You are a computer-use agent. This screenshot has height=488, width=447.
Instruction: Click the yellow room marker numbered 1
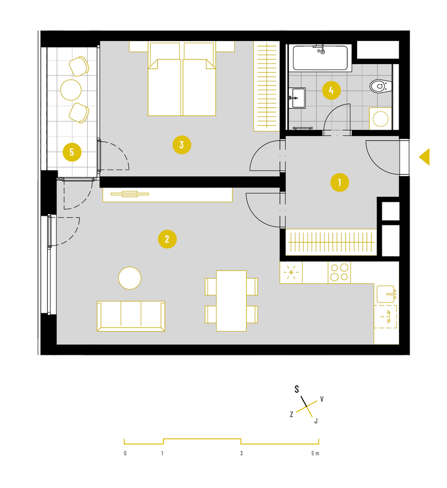[x=339, y=182]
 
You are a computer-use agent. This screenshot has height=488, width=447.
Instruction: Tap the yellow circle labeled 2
[x=167, y=239]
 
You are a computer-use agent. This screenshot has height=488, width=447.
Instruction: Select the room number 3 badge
[x=182, y=145]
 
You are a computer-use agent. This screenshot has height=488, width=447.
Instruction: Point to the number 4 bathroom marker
[x=331, y=91]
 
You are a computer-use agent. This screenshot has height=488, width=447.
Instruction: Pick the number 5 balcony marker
[x=72, y=152]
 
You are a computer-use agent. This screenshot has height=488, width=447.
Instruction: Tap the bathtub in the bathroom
[x=320, y=58]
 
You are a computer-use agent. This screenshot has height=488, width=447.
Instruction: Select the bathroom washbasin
[x=297, y=97]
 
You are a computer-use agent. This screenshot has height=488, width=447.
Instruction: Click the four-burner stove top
[x=339, y=272]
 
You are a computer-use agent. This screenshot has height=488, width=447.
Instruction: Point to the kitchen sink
[x=386, y=294]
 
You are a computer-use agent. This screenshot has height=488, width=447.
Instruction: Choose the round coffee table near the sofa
[x=130, y=278]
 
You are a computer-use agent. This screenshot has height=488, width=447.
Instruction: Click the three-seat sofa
[x=131, y=316]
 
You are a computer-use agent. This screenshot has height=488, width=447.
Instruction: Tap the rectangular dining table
[x=231, y=301]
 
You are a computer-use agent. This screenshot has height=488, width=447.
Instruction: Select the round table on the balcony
[x=71, y=90]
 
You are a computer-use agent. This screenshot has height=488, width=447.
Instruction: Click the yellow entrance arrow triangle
[x=425, y=156]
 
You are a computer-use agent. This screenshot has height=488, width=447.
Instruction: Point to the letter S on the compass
[x=296, y=389]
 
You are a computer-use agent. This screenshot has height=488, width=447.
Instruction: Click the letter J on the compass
[x=316, y=421]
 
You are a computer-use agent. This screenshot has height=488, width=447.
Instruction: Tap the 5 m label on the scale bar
[x=315, y=453]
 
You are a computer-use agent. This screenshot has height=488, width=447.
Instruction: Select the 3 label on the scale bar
[x=241, y=453]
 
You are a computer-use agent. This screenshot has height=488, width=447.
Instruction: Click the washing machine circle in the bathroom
[x=381, y=119]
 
